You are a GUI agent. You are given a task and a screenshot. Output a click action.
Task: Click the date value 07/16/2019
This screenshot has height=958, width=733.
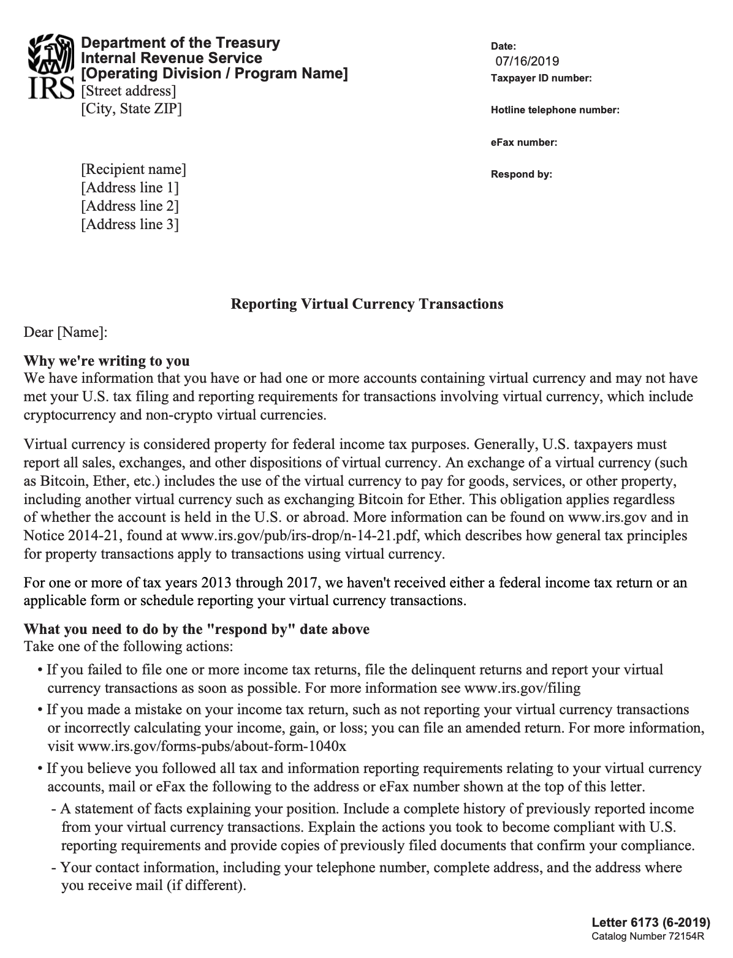click(x=527, y=61)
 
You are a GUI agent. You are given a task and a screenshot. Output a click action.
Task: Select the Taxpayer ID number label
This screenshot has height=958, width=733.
click(x=541, y=78)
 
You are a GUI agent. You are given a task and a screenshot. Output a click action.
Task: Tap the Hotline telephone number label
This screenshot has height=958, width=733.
click(x=555, y=110)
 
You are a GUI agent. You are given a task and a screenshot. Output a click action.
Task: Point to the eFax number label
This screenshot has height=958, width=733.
click(x=523, y=143)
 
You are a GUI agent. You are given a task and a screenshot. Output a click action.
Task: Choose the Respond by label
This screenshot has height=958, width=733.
click(x=521, y=175)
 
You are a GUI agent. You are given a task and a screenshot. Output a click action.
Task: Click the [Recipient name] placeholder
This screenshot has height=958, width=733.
click(x=133, y=169)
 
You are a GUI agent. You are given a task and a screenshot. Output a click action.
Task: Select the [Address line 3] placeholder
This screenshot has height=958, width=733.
click(x=129, y=224)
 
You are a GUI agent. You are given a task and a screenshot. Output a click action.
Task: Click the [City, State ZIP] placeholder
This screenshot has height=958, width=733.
click(x=131, y=109)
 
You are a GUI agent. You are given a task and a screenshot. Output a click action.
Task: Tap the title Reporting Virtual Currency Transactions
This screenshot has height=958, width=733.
click(x=366, y=304)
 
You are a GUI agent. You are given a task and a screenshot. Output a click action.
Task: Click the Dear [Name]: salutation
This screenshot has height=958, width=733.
click(x=66, y=333)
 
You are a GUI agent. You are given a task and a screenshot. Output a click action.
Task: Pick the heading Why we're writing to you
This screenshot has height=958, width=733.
click(x=106, y=361)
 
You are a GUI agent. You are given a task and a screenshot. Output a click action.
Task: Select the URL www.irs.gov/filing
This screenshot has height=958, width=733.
click(x=522, y=688)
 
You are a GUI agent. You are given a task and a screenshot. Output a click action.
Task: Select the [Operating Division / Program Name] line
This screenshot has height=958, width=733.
click(x=215, y=74)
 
